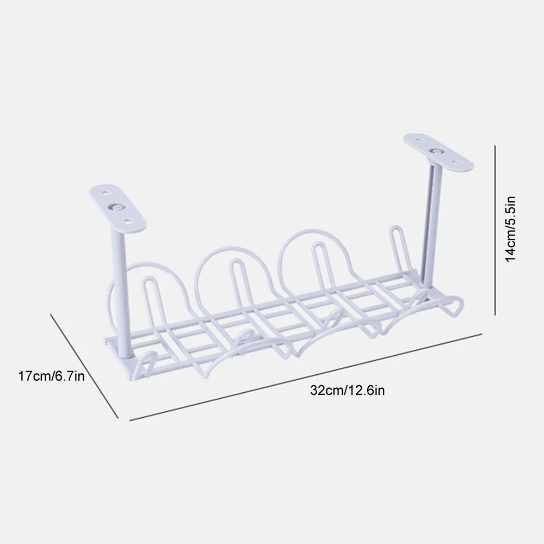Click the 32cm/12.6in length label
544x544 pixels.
click(x=347, y=391)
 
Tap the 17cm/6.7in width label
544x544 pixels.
click(x=51, y=376)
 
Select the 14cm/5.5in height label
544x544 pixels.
click(x=510, y=229)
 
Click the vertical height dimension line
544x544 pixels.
click(x=495, y=230)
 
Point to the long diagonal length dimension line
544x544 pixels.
click(x=306, y=378)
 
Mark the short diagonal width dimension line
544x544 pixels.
click(x=84, y=366)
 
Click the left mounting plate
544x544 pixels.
click(x=118, y=208)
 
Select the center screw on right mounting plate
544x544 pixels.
click(x=436, y=151)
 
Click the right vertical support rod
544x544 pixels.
click(x=430, y=222)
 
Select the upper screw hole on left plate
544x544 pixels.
click(x=107, y=191)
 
